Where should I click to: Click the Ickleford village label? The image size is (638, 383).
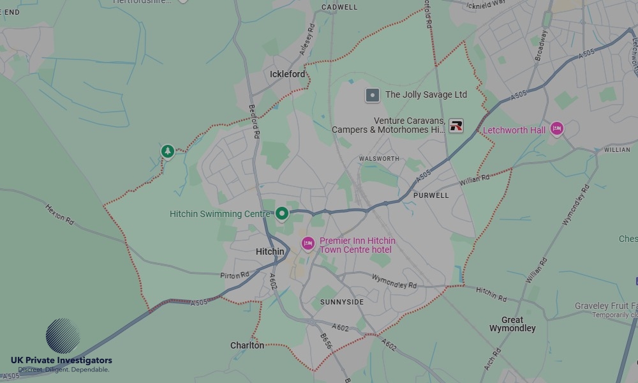[x=287, y=74]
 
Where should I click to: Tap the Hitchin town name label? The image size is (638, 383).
[x=270, y=252]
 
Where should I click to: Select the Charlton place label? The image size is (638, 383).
[x=247, y=345]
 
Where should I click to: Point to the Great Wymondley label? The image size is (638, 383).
[x=512, y=324]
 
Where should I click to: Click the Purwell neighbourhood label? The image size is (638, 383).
[x=431, y=195]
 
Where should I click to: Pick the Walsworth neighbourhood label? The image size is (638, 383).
[x=379, y=159]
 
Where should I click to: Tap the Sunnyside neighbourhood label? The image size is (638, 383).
[x=342, y=302]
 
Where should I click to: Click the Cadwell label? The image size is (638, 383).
[x=339, y=7]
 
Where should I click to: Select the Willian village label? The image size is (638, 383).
[x=616, y=149]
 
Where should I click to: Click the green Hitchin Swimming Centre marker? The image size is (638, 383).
[x=282, y=213]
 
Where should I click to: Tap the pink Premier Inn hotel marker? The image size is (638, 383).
[x=308, y=243]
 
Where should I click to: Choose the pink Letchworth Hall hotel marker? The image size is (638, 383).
[x=557, y=129]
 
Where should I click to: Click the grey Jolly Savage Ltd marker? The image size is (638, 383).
[x=373, y=95]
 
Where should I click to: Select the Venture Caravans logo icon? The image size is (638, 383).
[x=456, y=125]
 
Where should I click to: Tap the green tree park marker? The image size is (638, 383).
[x=167, y=151]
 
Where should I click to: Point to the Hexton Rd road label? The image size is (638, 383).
[x=60, y=213]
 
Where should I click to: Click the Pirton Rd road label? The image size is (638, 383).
[x=234, y=275]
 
